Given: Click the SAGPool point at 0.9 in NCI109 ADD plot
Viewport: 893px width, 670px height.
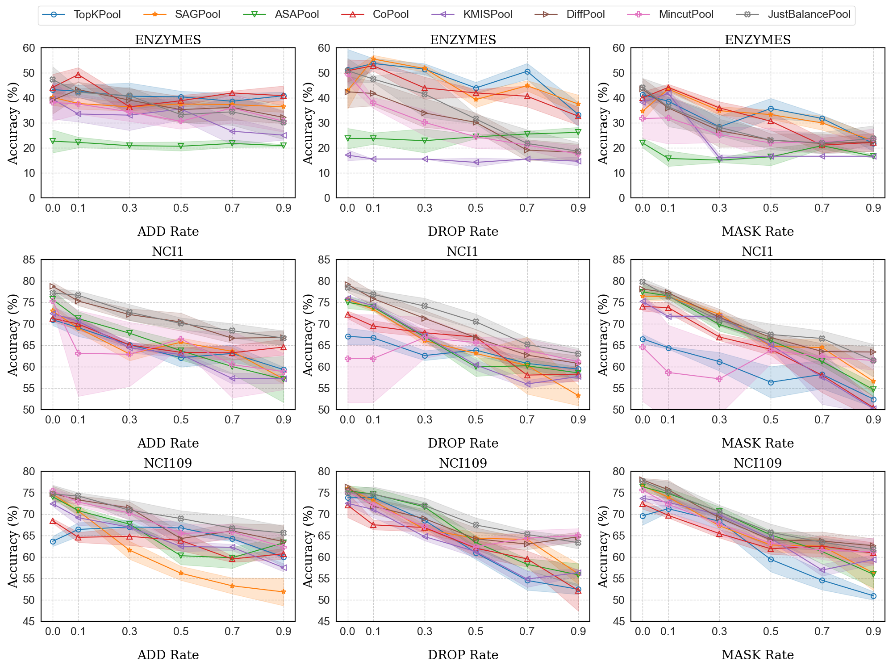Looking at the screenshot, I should coord(284,592).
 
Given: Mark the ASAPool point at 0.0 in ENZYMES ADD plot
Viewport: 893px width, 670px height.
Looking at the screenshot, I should coord(53,141).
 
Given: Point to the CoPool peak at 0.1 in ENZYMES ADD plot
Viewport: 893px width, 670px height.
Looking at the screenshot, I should coord(78,75).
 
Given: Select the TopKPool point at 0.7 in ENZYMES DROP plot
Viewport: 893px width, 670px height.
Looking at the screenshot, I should coord(527,71).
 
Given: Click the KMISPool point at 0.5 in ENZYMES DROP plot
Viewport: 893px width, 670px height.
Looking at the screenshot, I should coord(476,162).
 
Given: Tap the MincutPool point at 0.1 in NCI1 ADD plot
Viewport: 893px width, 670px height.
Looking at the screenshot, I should coord(78,353).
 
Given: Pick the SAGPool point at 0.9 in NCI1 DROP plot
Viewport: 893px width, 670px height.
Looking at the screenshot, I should coord(578,396).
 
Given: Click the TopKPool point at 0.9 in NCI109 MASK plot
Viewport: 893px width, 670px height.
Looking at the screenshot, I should coord(873,596).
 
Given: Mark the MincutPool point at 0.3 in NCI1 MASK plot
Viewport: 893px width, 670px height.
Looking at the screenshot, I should coord(719,379).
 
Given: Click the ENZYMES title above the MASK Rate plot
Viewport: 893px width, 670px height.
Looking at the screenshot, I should coord(758,40).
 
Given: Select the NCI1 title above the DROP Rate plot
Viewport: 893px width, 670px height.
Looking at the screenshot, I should coord(463,252).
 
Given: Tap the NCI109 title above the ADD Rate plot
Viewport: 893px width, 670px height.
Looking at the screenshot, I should coord(168,464).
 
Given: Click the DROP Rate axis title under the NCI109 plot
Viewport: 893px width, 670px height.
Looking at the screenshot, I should coord(463,655).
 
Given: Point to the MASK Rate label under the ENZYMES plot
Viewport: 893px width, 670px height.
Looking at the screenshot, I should coord(758,231).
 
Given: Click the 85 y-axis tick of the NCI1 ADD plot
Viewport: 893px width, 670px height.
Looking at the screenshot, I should coord(29,260).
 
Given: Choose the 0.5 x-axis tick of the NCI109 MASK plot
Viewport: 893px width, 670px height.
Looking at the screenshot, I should coord(771,631).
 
